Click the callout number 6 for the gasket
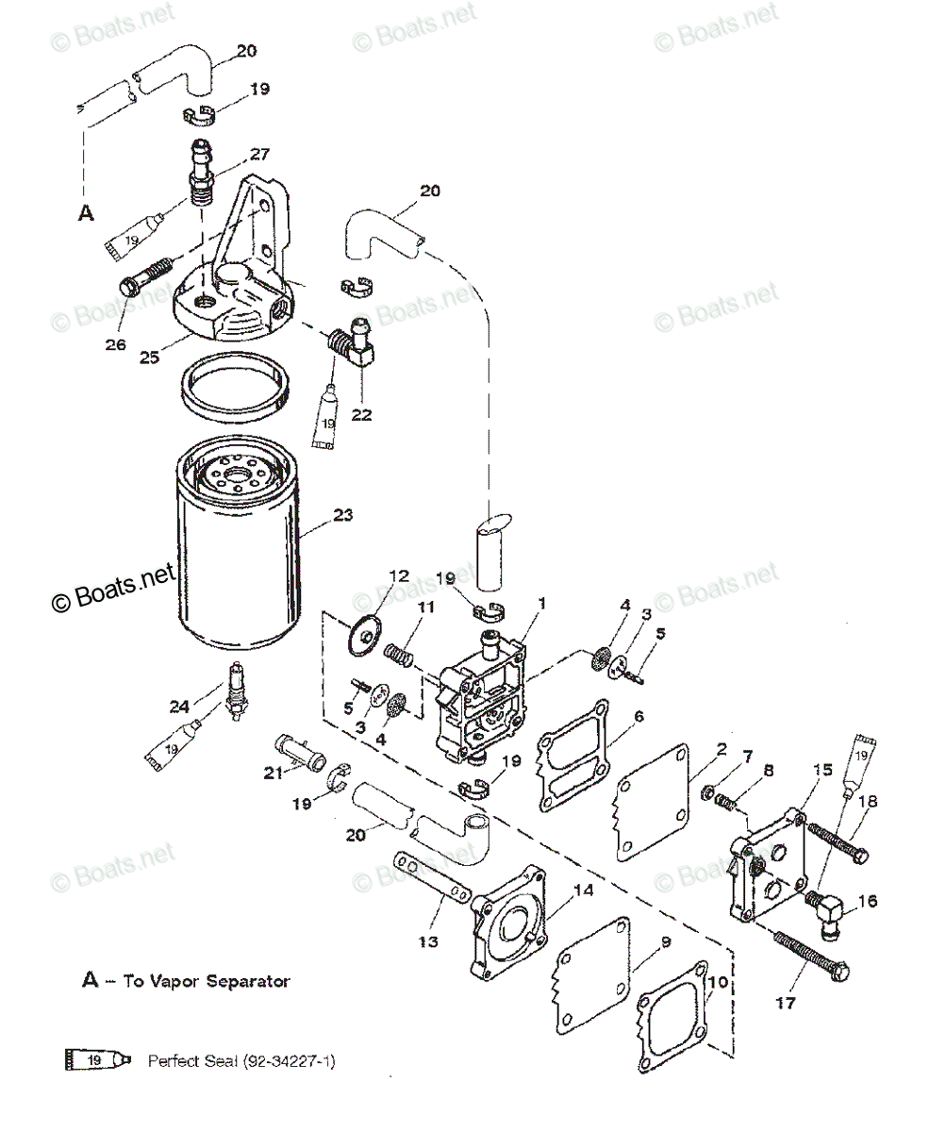[639, 717]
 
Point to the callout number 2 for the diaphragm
[721, 750]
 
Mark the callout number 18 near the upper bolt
[868, 801]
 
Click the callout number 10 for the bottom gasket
[718, 982]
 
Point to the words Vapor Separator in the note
[239, 981]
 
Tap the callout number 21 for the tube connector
[273, 774]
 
